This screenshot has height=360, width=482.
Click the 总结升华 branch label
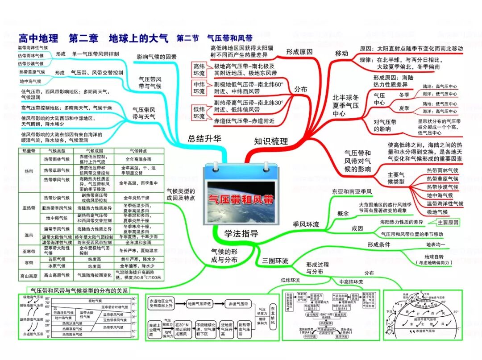(204, 138)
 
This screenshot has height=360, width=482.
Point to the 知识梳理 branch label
(271, 141)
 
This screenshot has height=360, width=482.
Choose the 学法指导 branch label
(241, 233)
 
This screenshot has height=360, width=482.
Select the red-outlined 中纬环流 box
(199, 88)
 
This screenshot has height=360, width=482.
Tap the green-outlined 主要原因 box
(448, 222)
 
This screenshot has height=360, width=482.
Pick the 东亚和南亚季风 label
(352, 191)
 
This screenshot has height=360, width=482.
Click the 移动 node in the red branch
(341, 54)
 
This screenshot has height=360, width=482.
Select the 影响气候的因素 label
(156, 57)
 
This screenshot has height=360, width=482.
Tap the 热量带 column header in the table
(28, 151)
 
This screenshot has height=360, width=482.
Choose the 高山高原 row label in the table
(28, 276)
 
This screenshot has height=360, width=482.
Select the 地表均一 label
(435, 244)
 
